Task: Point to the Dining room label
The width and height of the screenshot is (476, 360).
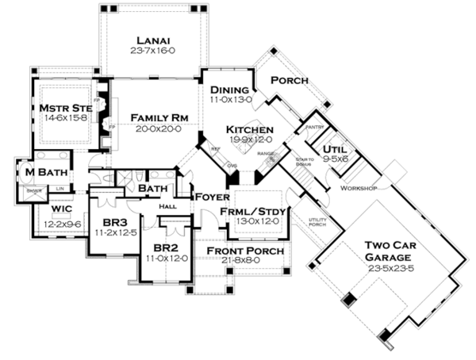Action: (231, 90)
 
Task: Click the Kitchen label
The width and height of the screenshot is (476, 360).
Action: (250, 129)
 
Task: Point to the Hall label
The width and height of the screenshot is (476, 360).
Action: (167, 205)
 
